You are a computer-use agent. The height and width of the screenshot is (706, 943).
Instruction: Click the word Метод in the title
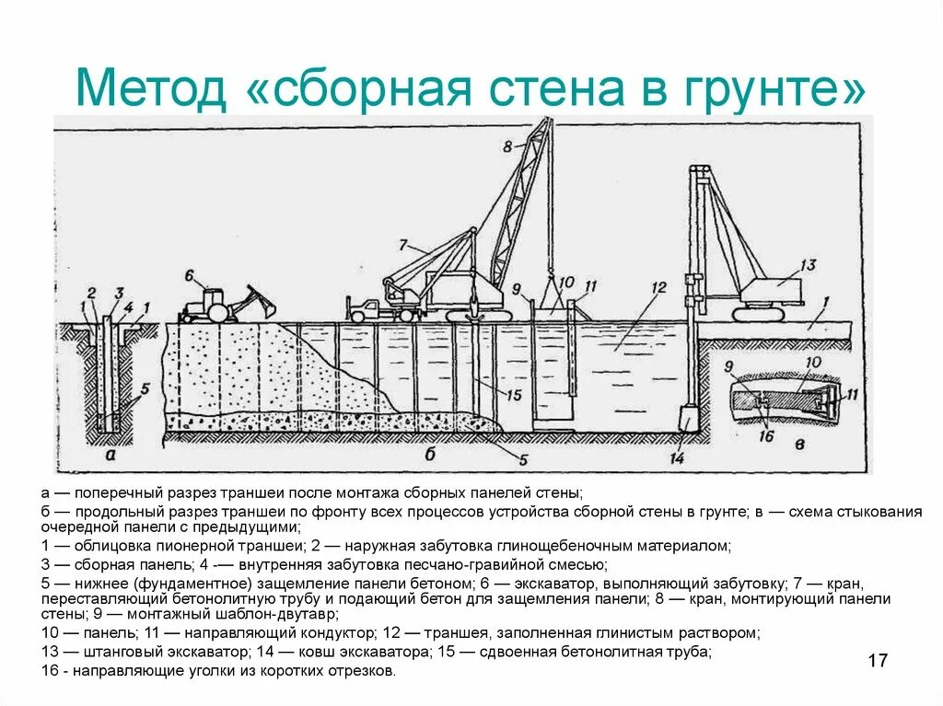pos(150,89)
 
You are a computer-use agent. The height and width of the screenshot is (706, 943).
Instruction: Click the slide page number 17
pos(878,660)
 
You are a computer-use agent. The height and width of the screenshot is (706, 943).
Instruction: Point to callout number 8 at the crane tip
pos(506,145)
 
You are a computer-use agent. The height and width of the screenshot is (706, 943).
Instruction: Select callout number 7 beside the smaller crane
pos(402,245)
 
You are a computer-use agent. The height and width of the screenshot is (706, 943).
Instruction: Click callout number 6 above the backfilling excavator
pos(189,275)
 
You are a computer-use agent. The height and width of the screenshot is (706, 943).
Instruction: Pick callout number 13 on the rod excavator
pos(808,265)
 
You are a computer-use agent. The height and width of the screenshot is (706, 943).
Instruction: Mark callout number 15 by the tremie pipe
pos(514,395)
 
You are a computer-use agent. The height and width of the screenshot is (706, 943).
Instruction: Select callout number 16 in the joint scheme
pos(765,435)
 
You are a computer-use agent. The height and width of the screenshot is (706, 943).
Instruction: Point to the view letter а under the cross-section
pos(110,454)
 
